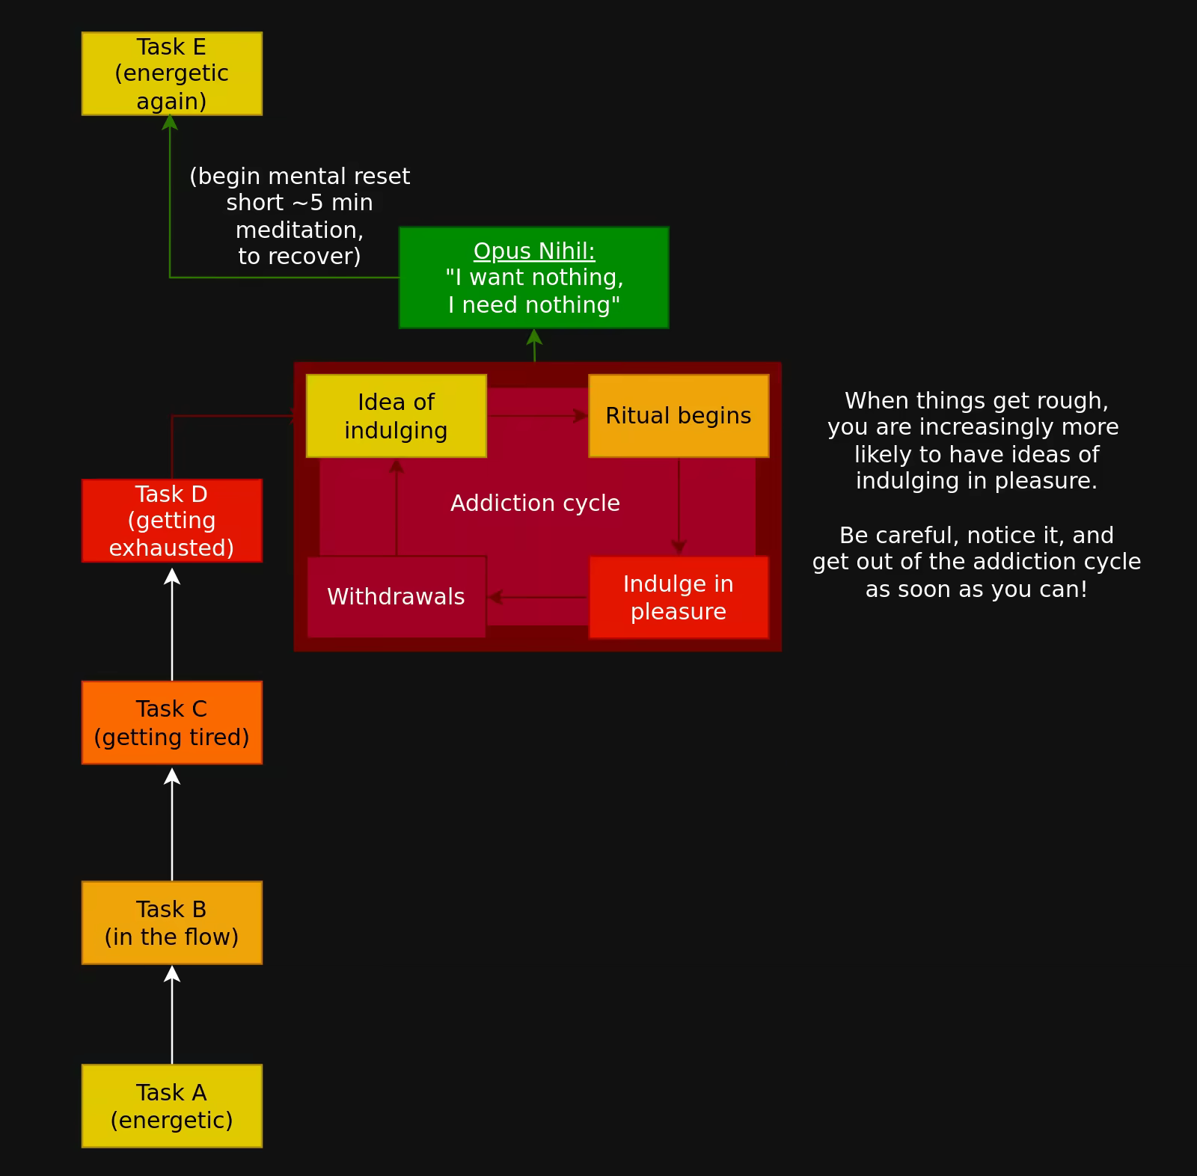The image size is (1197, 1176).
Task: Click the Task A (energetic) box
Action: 171,1106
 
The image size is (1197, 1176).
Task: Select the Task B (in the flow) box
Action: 171,922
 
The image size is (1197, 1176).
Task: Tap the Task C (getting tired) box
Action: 171,723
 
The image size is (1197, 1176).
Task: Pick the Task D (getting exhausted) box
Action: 171,521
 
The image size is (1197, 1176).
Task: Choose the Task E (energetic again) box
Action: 171,73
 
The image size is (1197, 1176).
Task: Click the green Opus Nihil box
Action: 533,278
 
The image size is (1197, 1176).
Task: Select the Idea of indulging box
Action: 396,416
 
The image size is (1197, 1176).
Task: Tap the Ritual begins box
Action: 678,416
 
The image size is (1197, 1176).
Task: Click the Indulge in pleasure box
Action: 678,597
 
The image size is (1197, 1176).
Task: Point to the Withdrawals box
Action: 396,597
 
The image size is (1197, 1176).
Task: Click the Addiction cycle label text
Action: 535,503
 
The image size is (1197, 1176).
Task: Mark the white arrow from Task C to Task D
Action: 172,624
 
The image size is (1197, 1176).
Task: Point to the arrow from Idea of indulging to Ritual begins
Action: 537,416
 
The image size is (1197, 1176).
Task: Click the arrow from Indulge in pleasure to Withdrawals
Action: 537,597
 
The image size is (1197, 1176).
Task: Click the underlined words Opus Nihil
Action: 533,251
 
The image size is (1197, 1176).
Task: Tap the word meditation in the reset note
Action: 299,230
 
